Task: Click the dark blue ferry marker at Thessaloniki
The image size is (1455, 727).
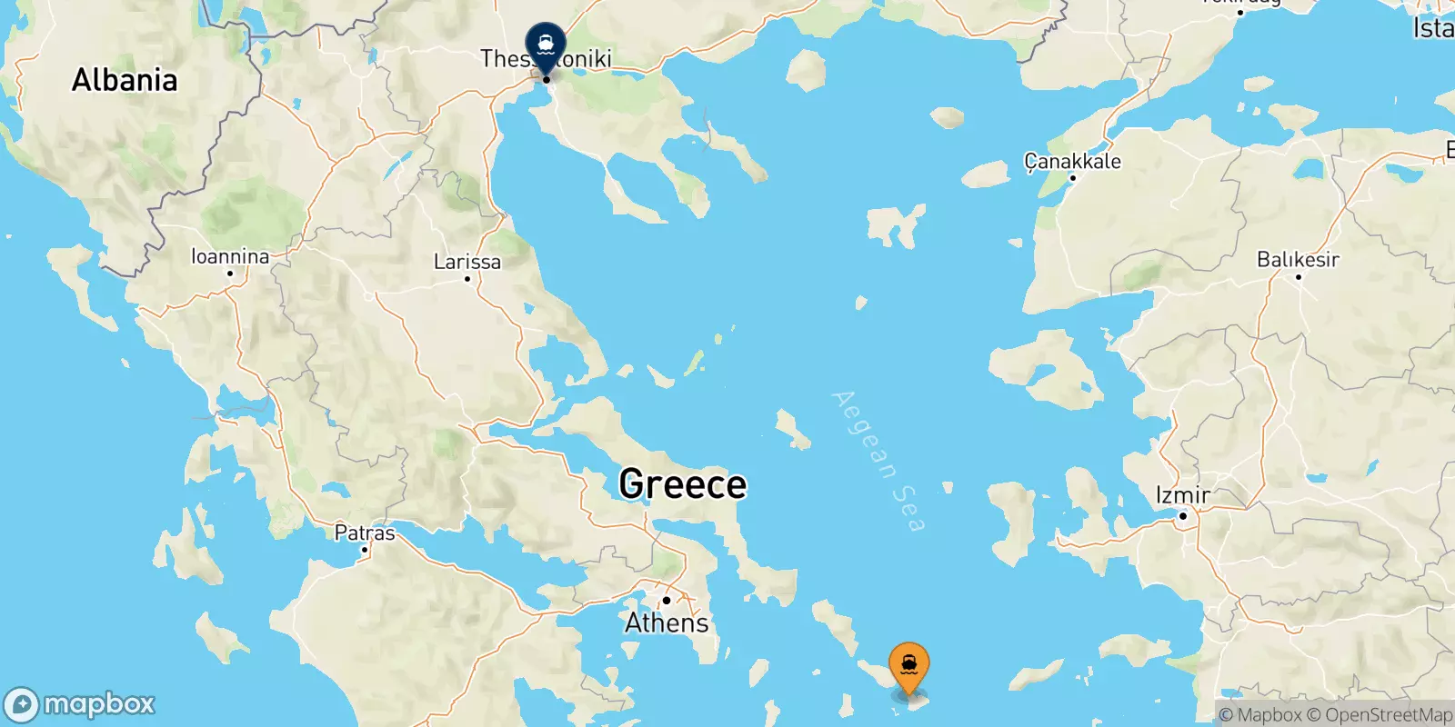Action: tap(546, 44)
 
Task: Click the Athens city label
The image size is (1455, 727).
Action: tap(667, 623)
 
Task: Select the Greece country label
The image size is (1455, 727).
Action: tap(682, 484)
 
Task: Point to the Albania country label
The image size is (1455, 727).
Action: tap(125, 80)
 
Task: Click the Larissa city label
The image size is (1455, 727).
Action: tap(467, 262)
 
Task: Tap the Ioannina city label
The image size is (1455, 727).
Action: tap(230, 256)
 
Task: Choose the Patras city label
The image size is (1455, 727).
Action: tap(365, 533)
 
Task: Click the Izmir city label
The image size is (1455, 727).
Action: tap(1182, 495)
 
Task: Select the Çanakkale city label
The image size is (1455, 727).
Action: tap(1072, 161)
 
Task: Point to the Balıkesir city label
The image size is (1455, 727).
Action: tap(1298, 259)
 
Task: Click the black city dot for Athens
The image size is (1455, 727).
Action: tap(667, 601)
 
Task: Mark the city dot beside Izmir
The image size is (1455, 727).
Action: tap(1183, 516)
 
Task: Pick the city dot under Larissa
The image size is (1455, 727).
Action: tap(467, 279)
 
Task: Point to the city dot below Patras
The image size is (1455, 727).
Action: tap(365, 550)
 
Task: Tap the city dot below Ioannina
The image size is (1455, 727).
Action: tap(230, 273)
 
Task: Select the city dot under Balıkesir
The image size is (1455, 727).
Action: tap(1298, 276)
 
